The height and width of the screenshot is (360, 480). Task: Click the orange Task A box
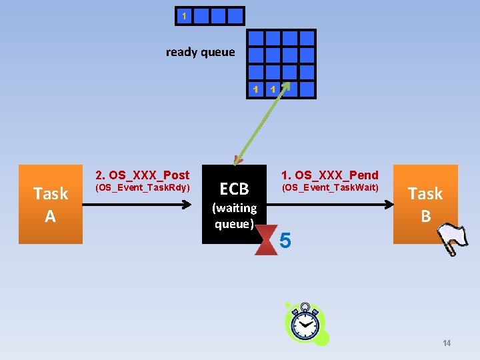(51, 204)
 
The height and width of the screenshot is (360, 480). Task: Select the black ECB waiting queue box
(233, 203)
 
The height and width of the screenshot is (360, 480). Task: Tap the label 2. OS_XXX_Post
(143, 175)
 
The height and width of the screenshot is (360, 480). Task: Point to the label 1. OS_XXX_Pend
(329, 175)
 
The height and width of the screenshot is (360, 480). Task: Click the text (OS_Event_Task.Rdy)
(143, 188)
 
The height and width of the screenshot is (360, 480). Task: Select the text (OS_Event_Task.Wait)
(329, 188)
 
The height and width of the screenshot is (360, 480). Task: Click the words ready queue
(200, 52)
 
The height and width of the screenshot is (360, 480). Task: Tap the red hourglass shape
(267, 239)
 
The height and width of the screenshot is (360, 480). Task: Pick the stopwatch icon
(307, 325)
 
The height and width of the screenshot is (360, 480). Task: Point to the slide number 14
(446, 343)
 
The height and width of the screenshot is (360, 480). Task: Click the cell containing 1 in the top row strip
(185, 16)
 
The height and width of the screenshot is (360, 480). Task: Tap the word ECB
(234, 189)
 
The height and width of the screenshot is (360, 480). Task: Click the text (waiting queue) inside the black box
(234, 216)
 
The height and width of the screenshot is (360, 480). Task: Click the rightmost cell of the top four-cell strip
(236, 16)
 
